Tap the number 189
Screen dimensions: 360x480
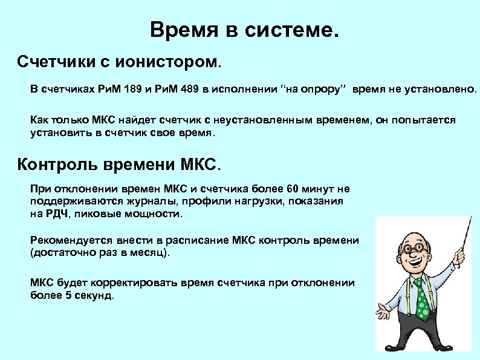coord(132,90)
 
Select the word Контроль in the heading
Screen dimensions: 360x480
coord(57,164)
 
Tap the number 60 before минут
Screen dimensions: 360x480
coord(279,189)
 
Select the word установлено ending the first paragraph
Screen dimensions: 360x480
coord(445,90)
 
